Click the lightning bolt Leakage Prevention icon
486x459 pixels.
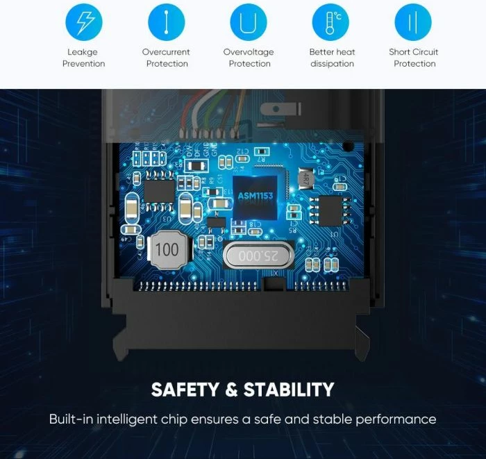click(x=83, y=22)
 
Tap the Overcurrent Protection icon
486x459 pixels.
click(x=166, y=22)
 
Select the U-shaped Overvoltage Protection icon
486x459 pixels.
click(x=249, y=22)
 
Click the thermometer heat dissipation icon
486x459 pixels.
click(x=331, y=22)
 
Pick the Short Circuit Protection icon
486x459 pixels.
click(x=413, y=22)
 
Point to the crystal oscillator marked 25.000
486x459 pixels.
click(x=258, y=256)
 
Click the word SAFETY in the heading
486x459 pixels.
click(x=185, y=389)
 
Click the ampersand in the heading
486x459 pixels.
click(x=231, y=389)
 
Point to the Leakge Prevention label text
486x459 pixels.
click(x=83, y=58)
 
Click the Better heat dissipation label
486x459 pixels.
click(x=331, y=58)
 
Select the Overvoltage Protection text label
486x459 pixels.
click(x=249, y=58)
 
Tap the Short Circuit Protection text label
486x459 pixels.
click(x=414, y=58)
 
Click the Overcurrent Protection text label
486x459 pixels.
click(x=166, y=58)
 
